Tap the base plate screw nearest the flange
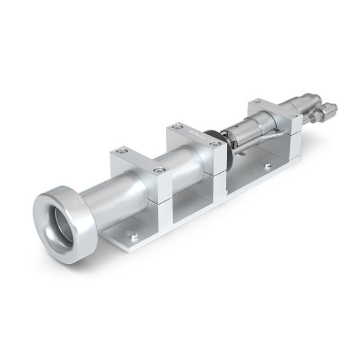[134, 235]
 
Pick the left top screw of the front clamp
[120, 151]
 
